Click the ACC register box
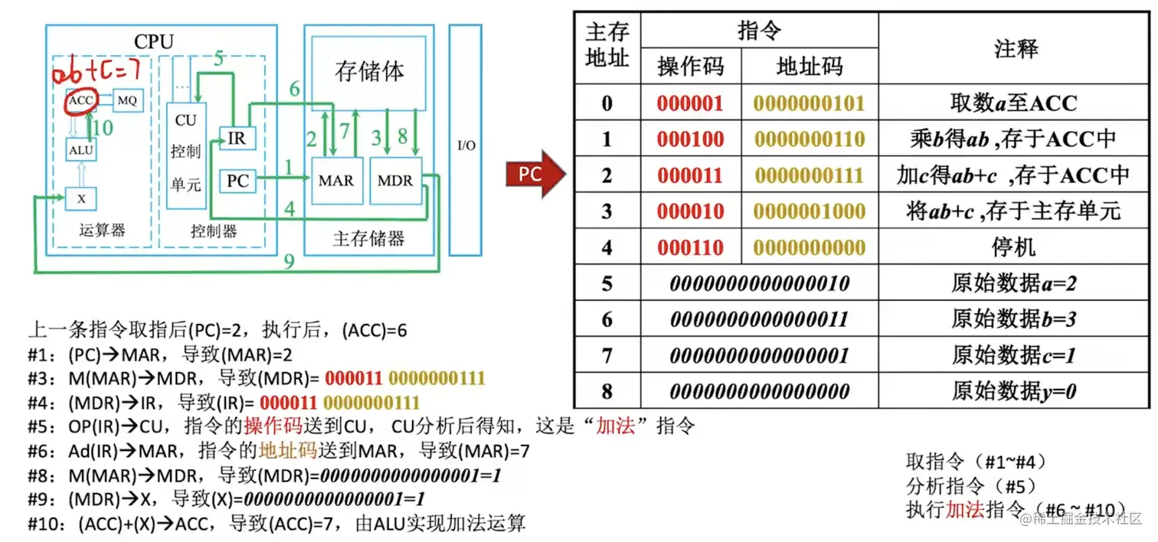click(80, 100)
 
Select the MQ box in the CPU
click(128, 100)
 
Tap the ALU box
click(80, 150)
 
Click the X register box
click(80, 198)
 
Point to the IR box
click(237, 138)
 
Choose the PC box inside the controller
click(237, 181)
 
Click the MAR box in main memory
click(335, 181)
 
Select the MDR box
click(395, 181)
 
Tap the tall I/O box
click(466, 142)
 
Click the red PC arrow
click(534, 175)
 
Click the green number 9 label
click(289, 263)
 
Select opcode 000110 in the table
click(690, 247)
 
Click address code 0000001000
click(809, 211)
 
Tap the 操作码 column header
click(690, 67)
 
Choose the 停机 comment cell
click(1014, 247)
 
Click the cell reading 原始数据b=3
click(1014, 319)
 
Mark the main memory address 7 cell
click(607, 355)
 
